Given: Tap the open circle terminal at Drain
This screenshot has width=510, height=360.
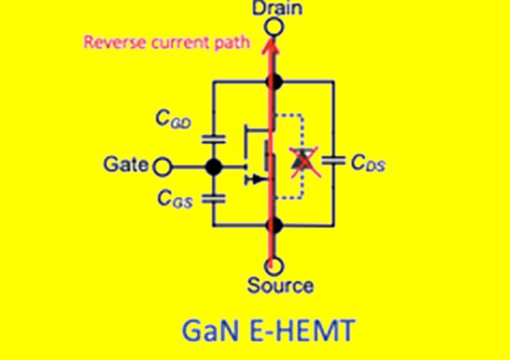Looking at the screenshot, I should (x=275, y=28).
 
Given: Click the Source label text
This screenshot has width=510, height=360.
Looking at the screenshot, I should (x=280, y=285).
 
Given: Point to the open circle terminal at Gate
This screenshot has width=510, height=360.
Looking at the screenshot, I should (x=162, y=167).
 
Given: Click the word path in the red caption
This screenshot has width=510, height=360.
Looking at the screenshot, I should (x=234, y=42).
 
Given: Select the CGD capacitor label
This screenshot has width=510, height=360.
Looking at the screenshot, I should (x=176, y=122).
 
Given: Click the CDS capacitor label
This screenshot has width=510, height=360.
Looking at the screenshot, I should (x=368, y=166).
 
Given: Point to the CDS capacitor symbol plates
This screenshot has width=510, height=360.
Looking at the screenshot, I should (x=334, y=161).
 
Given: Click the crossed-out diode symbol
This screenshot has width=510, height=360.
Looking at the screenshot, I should (x=299, y=162).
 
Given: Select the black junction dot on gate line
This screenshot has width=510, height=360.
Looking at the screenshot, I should (x=213, y=167).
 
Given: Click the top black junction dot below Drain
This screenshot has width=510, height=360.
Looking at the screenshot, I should (x=275, y=81).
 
